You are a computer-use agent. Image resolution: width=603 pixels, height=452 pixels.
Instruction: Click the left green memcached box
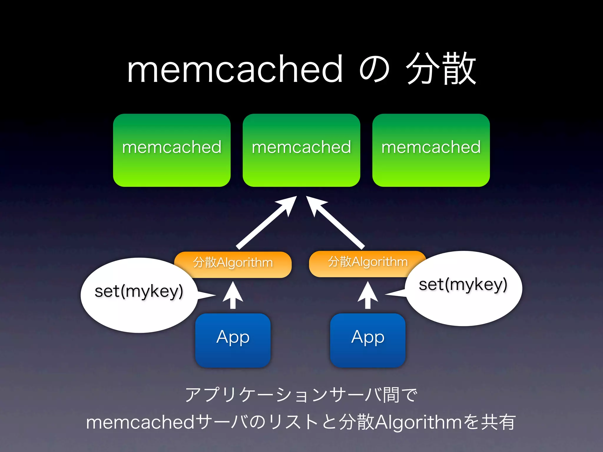pyautogui.click(x=172, y=150)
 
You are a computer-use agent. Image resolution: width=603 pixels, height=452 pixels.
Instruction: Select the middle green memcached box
pyautogui.click(x=301, y=150)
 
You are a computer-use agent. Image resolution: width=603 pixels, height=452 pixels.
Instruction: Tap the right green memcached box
pyautogui.click(x=431, y=150)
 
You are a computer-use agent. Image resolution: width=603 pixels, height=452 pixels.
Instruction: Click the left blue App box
pyautogui.click(x=233, y=340)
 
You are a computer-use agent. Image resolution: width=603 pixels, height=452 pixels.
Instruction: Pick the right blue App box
pyautogui.click(x=367, y=340)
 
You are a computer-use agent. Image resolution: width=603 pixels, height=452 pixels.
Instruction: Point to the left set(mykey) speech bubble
pyautogui.click(x=139, y=294)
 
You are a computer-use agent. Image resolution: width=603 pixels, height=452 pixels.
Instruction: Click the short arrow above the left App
pyautogui.click(x=233, y=296)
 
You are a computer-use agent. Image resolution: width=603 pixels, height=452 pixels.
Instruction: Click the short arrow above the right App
pyautogui.click(x=368, y=296)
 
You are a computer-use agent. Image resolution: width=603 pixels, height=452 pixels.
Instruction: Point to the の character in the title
pyautogui.click(x=374, y=70)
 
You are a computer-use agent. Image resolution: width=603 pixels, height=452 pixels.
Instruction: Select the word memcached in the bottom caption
pyautogui.click(x=140, y=422)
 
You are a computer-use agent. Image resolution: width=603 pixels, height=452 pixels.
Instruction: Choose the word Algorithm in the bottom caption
pyautogui.click(x=418, y=423)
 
